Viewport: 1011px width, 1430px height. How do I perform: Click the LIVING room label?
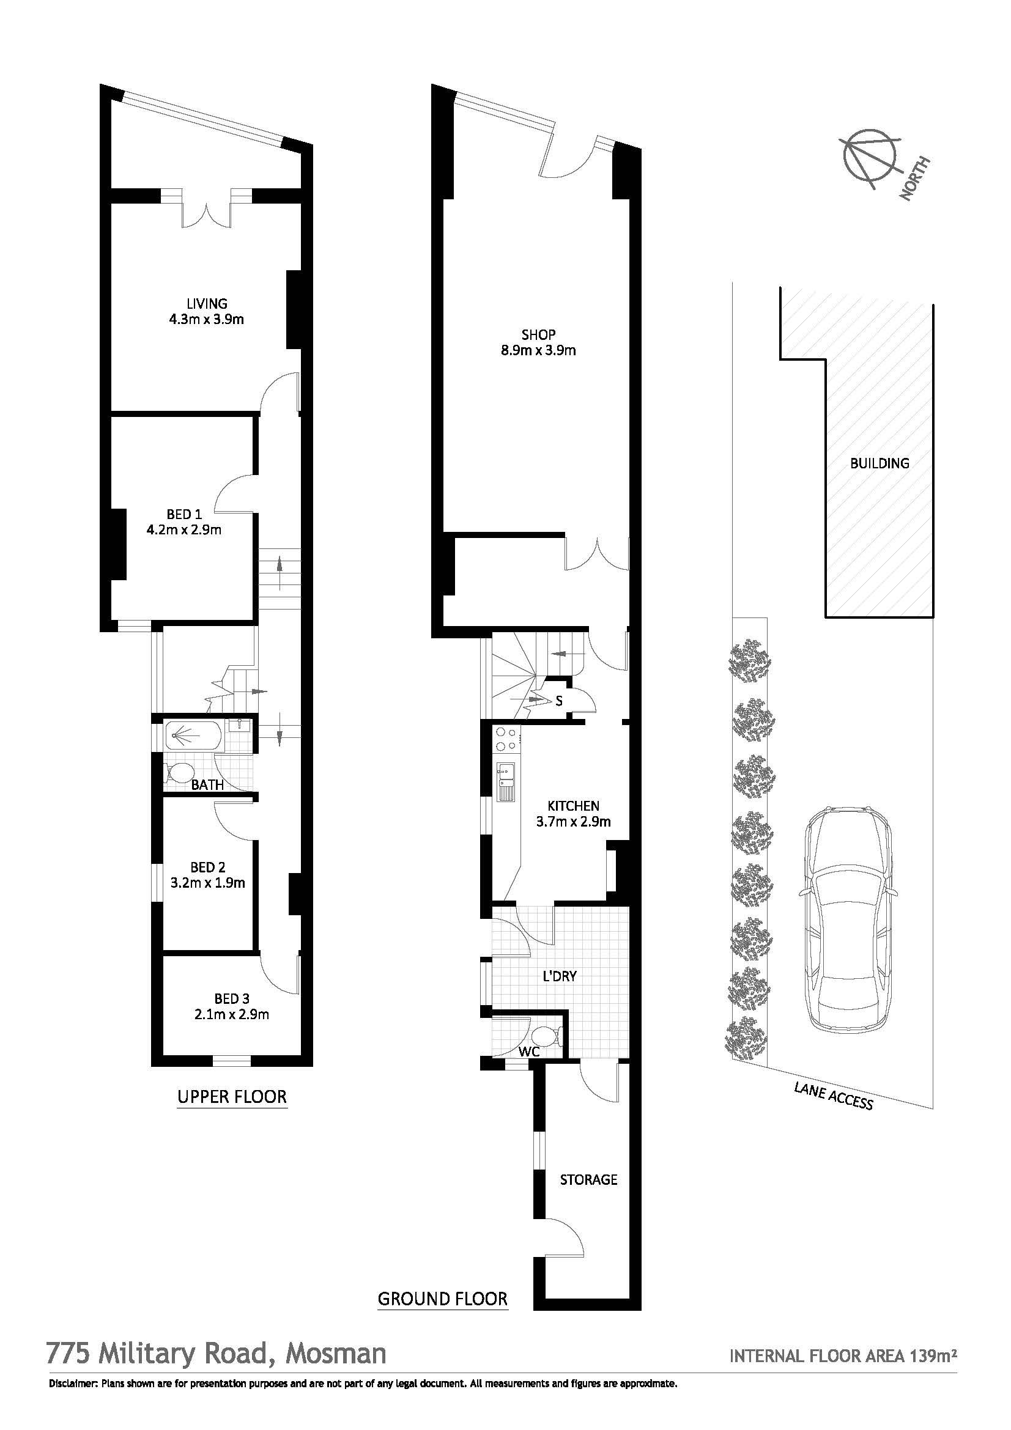click(207, 304)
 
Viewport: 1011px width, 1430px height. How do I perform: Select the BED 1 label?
click(184, 514)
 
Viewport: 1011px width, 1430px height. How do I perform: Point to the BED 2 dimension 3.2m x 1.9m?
click(207, 883)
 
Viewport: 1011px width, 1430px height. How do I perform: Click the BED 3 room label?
click(232, 999)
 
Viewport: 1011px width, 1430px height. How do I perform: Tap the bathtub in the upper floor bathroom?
click(191, 735)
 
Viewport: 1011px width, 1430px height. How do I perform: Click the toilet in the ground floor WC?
click(546, 1037)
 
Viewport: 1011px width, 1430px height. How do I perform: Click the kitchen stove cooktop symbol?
click(505, 739)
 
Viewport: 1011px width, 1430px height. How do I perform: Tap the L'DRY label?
click(560, 976)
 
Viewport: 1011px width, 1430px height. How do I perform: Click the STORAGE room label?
click(588, 1179)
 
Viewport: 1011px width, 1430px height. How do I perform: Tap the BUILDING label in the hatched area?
click(880, 463)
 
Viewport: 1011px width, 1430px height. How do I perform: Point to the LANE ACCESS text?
click(833, 1096)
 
